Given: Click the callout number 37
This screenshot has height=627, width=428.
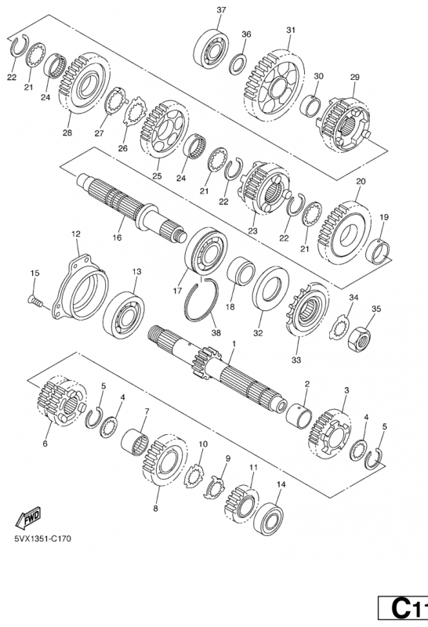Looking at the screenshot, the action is point(221,10).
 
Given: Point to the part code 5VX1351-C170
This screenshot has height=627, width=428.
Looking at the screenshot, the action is point(43,538).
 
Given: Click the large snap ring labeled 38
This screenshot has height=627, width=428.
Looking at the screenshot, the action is point(201,299).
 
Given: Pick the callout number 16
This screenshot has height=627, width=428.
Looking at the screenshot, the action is point(117,237).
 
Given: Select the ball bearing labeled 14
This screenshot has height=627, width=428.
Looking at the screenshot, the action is point(269,518).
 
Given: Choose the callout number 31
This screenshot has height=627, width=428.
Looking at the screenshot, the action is point(291,30).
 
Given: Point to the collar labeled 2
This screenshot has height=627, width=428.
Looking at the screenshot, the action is point(299,416).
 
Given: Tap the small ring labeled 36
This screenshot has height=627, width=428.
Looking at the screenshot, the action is point(238,63).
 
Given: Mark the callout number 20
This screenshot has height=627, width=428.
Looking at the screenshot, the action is point(361,181).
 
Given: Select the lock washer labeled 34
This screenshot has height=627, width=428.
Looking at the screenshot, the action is point(339,327).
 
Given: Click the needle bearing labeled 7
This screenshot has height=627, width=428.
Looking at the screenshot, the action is point(135,442).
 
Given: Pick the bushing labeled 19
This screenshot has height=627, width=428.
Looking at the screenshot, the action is point(378,252).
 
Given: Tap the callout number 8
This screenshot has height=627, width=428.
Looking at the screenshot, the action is point(155,509).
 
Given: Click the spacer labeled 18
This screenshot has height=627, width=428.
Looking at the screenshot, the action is point(241,271).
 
